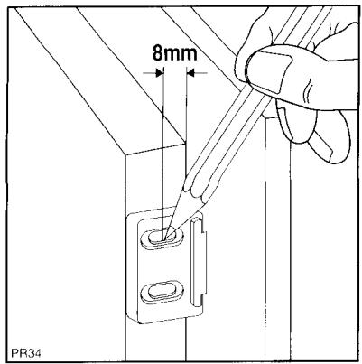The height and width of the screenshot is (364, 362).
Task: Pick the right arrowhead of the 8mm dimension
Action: [189, 73]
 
